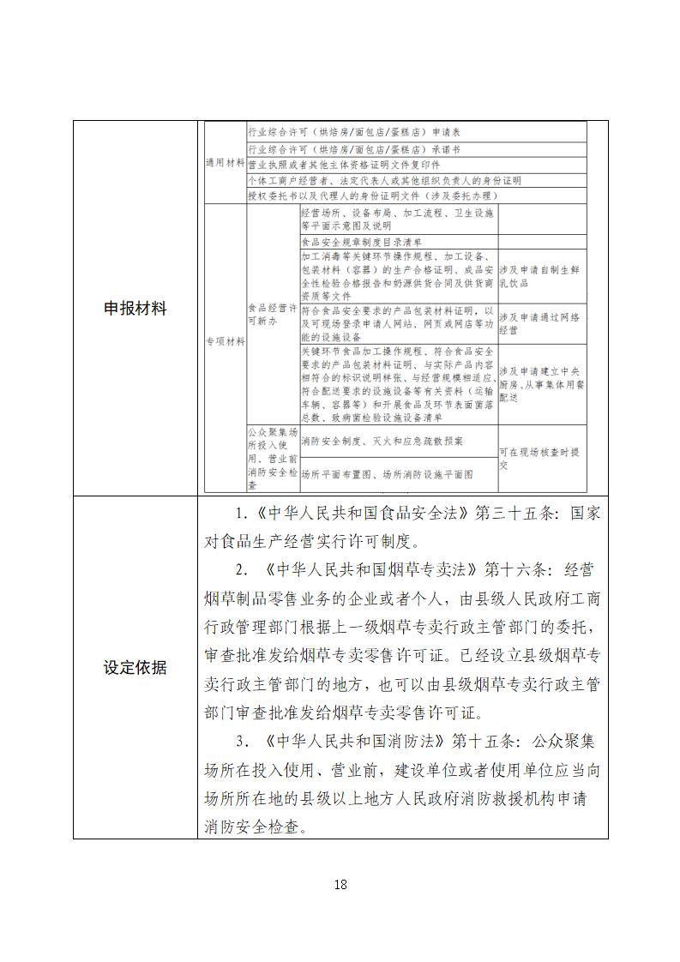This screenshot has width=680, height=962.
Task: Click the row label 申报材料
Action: pyautogui.click(x=135, y=309)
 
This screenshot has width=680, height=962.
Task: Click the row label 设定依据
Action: pyautogui.click(x=135, y=668)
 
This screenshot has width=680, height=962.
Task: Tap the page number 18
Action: pyautogui.click(x=340, y=884)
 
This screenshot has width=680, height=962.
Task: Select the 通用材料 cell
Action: pyautogui.click(x=224, y=164)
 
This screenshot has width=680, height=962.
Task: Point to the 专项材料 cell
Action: pyautogui.click(x=224, y=340)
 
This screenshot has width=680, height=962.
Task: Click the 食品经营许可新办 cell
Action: pyautogui.click(x=271, y=313)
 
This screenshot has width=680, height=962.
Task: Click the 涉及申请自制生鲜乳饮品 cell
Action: pyautogui.click(x=540, y=275)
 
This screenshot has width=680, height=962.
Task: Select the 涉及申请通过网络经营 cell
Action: pyautogui.click(x=540, y=323)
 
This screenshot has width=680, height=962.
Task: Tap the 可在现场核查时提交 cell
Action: pyautogui.click(x=540, y=459)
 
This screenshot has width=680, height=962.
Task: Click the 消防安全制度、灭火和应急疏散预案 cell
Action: pyautogui.click(x=382, y=441)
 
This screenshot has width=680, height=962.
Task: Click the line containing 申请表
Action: pyautogui.click(x=355, y=133)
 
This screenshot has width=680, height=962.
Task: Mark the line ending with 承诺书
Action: pyautogui.click(x=355, y=148)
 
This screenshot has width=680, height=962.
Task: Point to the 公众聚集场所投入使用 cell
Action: pyautogui.click(x=271, y=459)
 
